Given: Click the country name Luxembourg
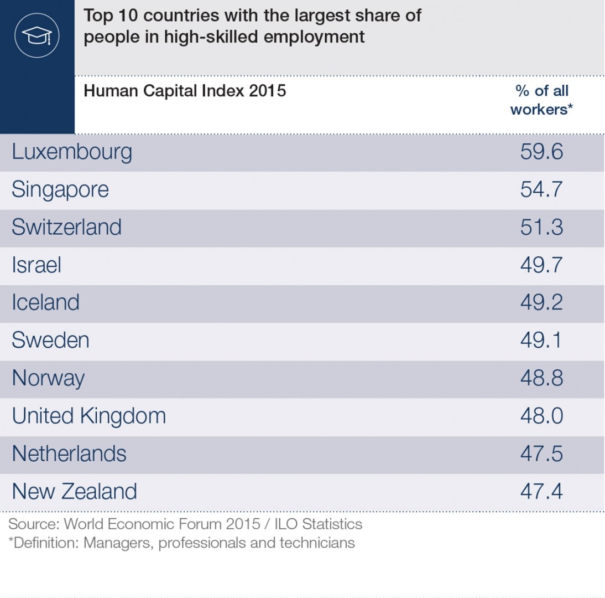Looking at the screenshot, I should [72, 152].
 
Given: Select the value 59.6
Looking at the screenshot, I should [541, 152].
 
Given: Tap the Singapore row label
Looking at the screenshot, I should [60, 190].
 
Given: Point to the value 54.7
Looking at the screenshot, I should [541, 190].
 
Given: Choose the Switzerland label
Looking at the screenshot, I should [66, 228].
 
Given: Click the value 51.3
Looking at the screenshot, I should [541, 228].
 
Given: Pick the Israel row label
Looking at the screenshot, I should [36, 265].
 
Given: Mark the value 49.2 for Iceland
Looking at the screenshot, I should [541, 303].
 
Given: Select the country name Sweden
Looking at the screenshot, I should [50, 340].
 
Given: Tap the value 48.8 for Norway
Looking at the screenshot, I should [541, 378].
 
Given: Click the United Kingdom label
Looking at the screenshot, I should [88, 416].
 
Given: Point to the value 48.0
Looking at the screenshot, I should [541, 416].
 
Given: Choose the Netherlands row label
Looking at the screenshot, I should [69, 454].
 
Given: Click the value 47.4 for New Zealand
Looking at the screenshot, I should [541, 492].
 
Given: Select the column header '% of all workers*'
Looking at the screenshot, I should [541, 100].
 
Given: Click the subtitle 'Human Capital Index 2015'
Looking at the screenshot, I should [185, 91].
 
